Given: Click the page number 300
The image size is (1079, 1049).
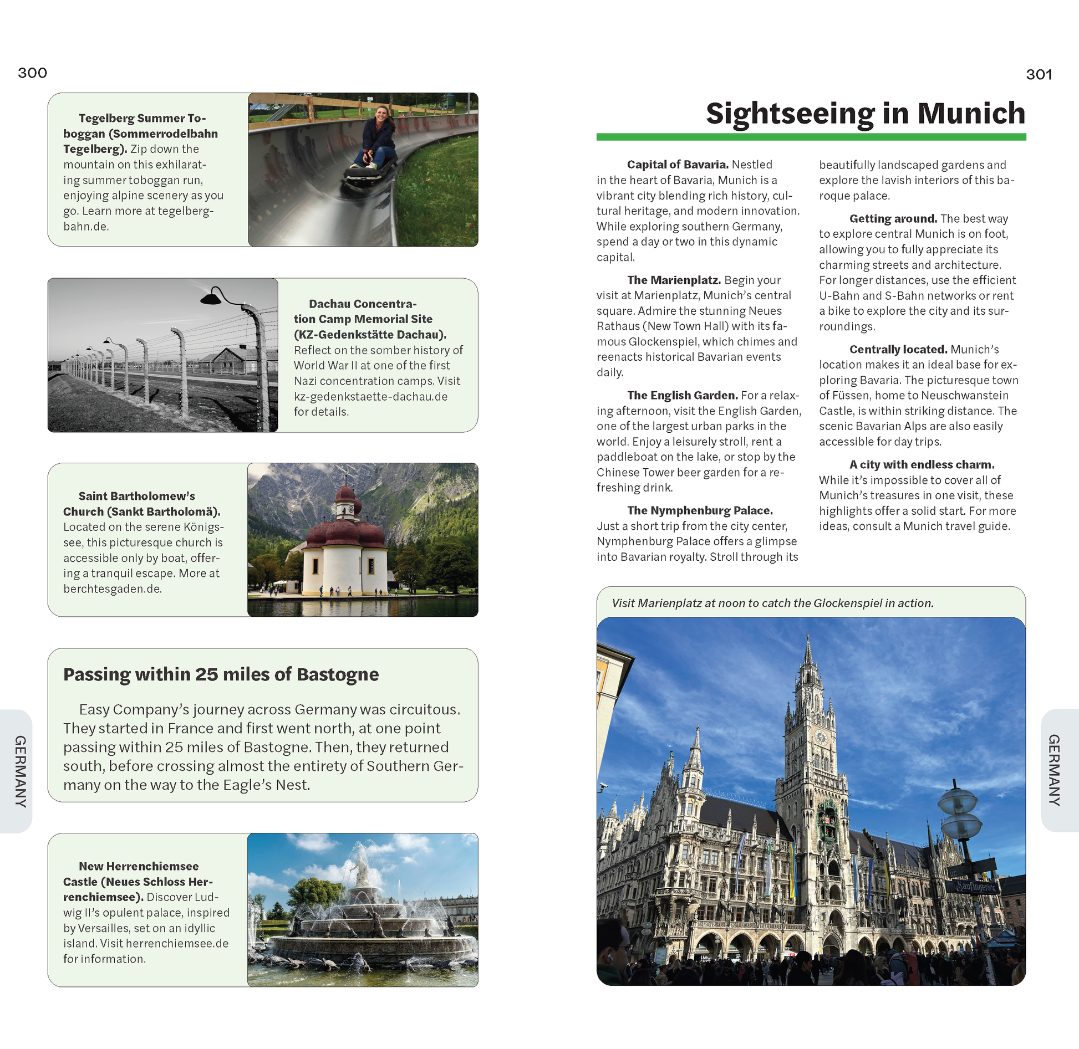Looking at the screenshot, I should (32, 73).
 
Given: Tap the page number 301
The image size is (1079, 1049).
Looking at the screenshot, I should (1039, 74).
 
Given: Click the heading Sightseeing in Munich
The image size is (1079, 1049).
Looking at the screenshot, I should (865, 113).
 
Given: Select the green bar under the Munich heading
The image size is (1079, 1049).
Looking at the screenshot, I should (811, 136).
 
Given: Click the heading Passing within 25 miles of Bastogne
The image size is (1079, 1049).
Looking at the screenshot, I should (221, 674).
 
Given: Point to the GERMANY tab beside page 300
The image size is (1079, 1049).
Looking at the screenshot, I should (20, 771).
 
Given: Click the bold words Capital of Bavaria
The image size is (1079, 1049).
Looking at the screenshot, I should (677, 165).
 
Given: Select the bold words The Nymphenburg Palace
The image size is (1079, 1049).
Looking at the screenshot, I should (700, 510).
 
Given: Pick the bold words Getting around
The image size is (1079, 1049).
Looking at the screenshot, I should (893, 218).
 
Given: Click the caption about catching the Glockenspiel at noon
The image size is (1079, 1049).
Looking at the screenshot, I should (772, 603).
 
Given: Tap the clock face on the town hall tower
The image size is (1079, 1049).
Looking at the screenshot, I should (821, 738).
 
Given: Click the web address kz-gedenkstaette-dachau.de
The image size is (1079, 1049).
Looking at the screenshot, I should (370, 396).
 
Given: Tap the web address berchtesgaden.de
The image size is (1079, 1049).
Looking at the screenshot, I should (113, 589).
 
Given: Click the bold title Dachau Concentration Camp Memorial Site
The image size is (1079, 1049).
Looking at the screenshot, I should (369, 319).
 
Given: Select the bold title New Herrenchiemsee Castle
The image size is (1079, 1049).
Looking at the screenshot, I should (138, 881).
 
